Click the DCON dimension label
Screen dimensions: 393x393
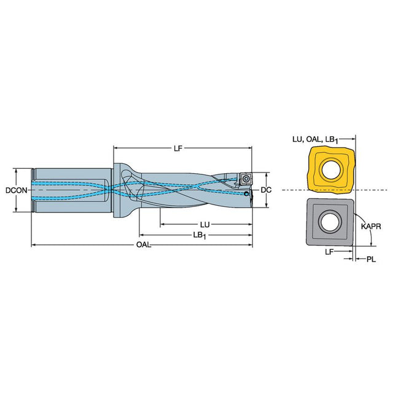(17, 190)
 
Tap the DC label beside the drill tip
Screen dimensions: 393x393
(266, 190)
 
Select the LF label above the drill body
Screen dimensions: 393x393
(178, 149)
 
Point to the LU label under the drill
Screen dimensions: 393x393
(204, 225)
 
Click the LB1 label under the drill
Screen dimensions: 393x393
(200, 235)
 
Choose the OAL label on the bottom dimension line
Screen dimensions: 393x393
(144, 244)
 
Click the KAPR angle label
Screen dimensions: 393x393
(371, 227)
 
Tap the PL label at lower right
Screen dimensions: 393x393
(372, 259)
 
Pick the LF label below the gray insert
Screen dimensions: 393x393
(329, 252)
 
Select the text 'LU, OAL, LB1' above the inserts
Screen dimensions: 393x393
(315, 139)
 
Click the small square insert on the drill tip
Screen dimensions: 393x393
(246, 179)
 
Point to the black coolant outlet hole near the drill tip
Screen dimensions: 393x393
(247, 193)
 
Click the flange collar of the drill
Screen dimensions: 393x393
(118, 190)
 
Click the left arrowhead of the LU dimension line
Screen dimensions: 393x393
(162, 224)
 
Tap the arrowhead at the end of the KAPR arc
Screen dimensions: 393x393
(371, 243)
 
